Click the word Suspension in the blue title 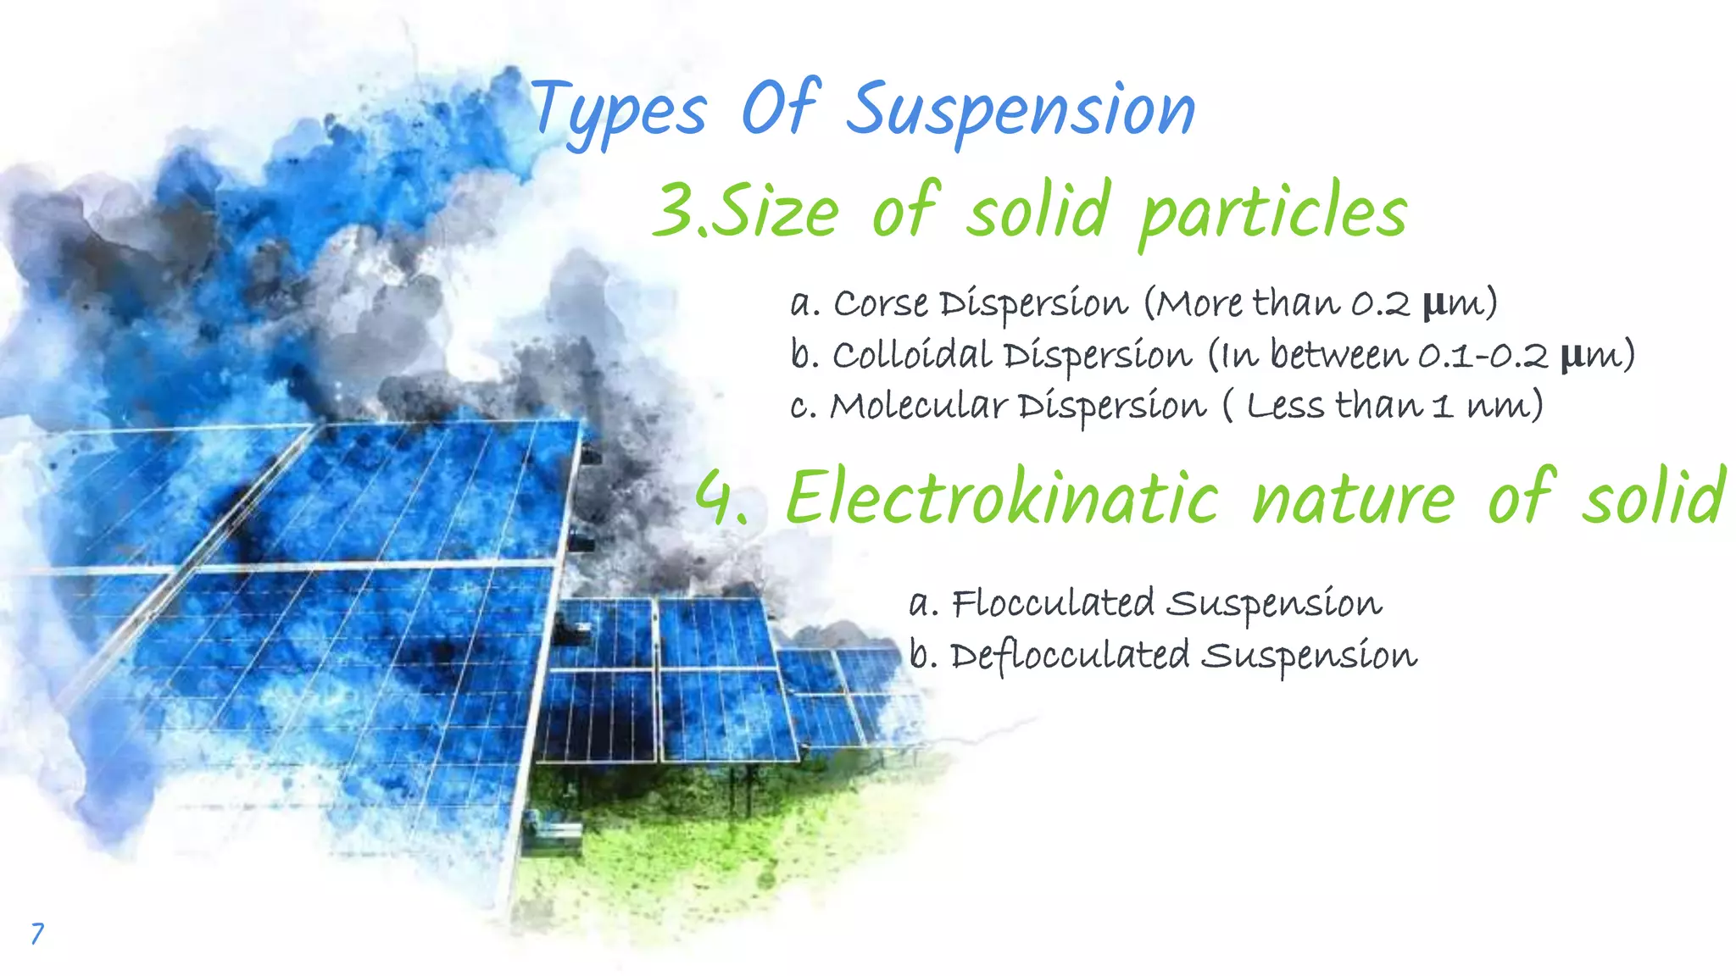point(1021,110)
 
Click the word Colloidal point(911,354)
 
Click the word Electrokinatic point(1002,498)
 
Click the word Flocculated point(1052,603)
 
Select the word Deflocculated point(1069,656)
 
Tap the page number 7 point(36,933)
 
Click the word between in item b point(1339,354)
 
